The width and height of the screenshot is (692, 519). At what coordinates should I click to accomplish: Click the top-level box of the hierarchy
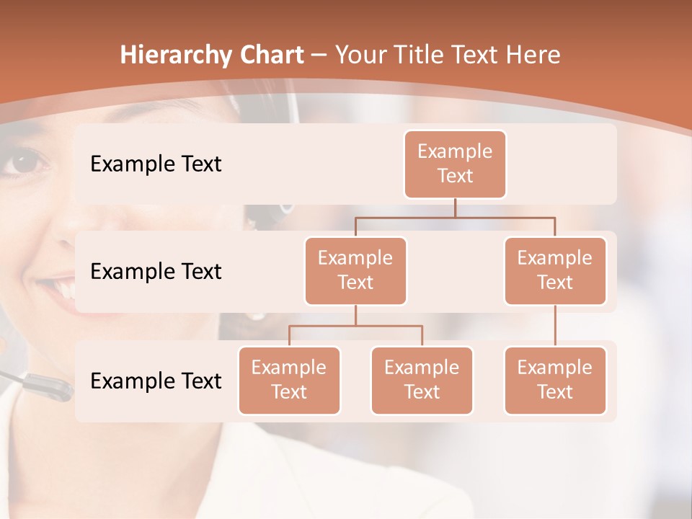pyautogui.click(x=455, y=164)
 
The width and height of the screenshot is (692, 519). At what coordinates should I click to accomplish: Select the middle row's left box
pyautogui.click(x=355, y=271)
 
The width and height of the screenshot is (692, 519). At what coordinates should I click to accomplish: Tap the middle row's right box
pyautogui.click(x=555, y=271)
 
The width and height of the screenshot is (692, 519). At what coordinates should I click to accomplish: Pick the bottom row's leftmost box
pyautogui.click(x=289, y=381)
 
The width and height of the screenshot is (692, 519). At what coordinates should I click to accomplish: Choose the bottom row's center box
pyautogui.click(x=422, y=381)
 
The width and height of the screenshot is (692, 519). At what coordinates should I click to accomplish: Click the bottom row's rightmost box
pyautogui.click(x=555, y=381)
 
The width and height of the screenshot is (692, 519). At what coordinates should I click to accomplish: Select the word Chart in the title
pyautogui.click(x=272, y=56)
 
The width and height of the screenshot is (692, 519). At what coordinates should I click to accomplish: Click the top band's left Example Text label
pyautogui.click(x=156, y=164)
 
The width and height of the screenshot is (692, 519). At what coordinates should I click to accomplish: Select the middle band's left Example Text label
pyautogui.click(x=156, y=272)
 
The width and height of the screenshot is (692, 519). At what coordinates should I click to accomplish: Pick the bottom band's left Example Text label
pyautogui.click(x=156, y=381)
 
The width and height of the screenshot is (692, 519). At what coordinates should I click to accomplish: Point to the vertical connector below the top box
pyautogui.click(x=455, y=208)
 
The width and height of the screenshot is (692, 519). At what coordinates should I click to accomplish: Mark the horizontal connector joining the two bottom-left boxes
pyautogui.click(x=355, y=326)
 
